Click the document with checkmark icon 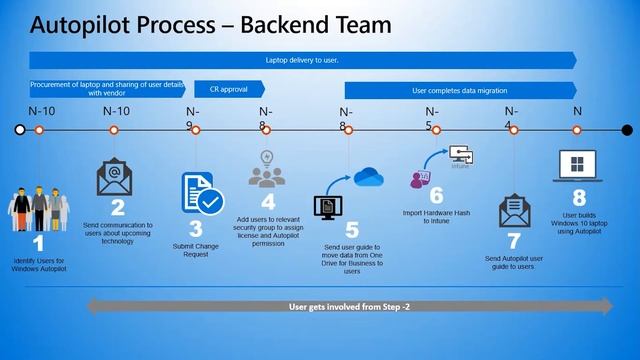[202, 193]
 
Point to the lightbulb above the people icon [266, 156]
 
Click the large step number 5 [351, 230]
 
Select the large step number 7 [514, 240]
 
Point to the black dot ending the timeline [627, 129]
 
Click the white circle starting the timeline [20, 129]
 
